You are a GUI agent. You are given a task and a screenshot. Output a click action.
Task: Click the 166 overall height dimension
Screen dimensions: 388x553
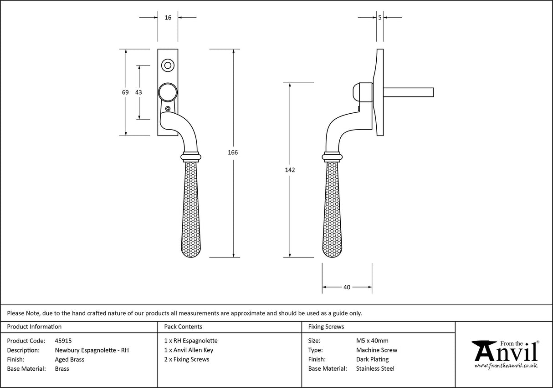tap(233, 152)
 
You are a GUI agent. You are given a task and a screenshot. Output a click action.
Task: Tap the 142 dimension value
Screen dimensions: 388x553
tap(290, 170)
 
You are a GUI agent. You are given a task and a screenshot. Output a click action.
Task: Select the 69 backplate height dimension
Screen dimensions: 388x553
tap(125, 92)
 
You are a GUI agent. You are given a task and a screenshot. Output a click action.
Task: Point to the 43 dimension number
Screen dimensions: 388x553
tap(138, 92)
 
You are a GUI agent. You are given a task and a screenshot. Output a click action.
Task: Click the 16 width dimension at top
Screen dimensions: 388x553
tap(168, 17)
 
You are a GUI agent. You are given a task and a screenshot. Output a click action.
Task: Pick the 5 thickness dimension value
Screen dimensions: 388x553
tap(380, 17)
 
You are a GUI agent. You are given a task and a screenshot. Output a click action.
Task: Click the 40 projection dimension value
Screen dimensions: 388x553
tap(347, 287)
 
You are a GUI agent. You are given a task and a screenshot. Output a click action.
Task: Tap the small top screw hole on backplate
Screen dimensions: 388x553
tap(168, 66)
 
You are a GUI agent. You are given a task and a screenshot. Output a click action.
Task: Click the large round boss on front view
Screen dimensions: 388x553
tap(167, 92)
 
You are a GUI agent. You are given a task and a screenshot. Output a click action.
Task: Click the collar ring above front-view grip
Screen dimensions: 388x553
tap(191, 156)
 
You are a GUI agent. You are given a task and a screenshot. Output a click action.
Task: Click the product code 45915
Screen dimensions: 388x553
tap(63, 341)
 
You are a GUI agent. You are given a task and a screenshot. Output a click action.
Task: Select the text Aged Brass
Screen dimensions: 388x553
tap(69, 359)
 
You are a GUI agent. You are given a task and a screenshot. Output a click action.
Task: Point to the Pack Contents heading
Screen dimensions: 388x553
tap(183, 327)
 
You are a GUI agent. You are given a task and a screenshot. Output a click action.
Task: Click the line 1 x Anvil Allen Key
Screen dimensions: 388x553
tap(189, 350)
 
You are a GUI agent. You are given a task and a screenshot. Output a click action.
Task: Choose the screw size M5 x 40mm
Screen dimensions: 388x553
tap(372, 341)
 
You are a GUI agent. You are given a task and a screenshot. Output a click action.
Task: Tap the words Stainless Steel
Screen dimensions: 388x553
tap(375, 369)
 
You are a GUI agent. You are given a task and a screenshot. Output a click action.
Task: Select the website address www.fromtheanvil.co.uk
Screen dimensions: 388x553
tap(506, 366)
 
